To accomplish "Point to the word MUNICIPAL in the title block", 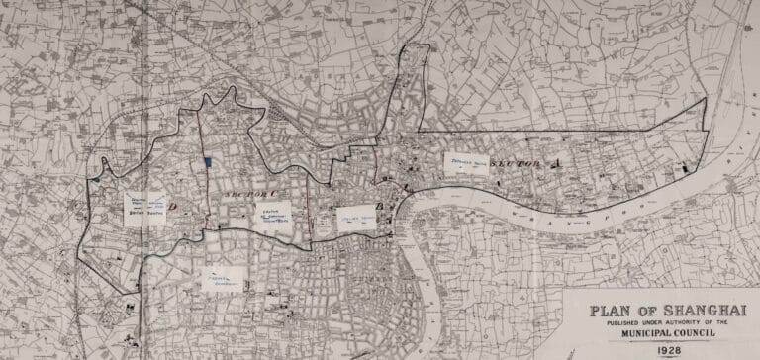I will (629, 334).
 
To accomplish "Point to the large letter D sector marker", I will (174, 207).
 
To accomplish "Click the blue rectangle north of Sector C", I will (207, 162).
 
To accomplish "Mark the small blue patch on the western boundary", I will (95, 182).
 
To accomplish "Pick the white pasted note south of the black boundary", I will (226, 281).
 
